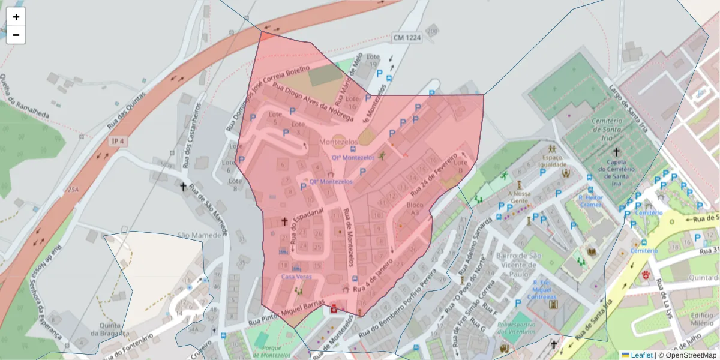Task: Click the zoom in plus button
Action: point(16,17)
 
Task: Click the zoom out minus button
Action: point(16,35)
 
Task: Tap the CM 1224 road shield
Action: point(407,37)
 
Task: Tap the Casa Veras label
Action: point(296,277)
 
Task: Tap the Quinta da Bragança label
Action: point(107,330)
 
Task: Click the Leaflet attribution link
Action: point(641,355)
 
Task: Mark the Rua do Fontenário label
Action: point(131,342)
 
